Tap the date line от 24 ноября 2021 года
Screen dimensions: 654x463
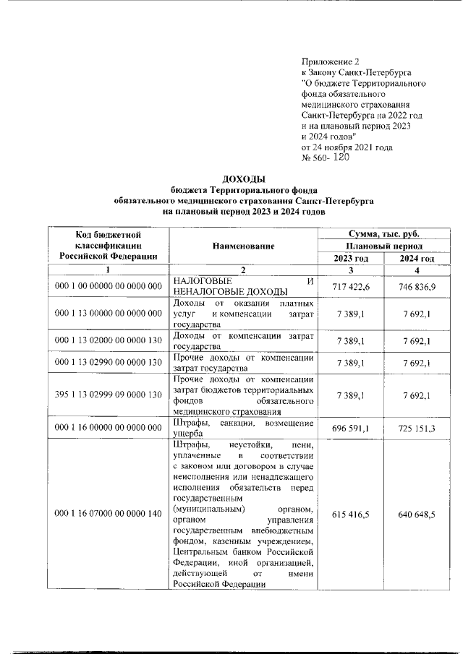point(347,147)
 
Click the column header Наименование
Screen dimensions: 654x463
point(243,246)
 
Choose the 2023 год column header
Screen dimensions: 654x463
point(351,259)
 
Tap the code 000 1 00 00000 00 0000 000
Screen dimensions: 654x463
point(109,286)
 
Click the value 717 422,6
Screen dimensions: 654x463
point(351,286)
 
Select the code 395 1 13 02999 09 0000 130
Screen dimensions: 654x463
point(109,395)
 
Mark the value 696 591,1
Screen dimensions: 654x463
point(351,428)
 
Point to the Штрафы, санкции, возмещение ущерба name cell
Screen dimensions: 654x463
point(243,428)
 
